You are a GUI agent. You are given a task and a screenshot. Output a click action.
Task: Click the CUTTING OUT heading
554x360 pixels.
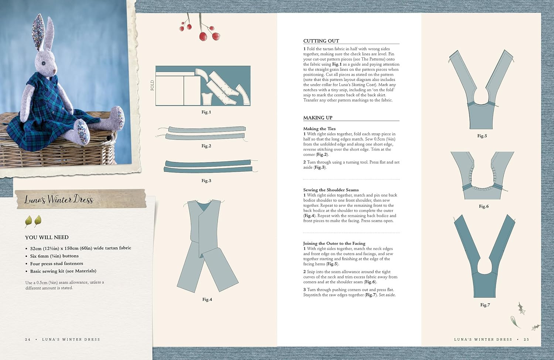tap(321, 41)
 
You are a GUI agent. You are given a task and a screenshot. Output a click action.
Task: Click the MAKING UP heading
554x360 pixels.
tap(318, 118)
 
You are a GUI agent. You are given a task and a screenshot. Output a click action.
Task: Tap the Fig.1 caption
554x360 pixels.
tap(206, 112)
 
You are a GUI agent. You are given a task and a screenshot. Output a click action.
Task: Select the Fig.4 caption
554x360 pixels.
tap(207, 299)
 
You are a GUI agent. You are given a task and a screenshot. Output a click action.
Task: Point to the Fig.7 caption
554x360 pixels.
tap(485, 305)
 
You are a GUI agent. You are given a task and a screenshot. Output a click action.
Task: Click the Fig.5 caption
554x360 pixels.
tap(482, 136)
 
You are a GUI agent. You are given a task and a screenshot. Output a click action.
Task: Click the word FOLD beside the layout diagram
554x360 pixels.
tap(152, 85)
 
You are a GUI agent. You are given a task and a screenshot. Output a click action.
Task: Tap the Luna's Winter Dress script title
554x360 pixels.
tap(59, 199)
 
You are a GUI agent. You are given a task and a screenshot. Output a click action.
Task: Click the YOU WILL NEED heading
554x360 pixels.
tap(47, 237)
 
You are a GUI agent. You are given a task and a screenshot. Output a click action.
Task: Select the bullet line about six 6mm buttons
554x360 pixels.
tap(54, 256)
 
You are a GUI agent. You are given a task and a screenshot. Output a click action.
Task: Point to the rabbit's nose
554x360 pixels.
tap(54, 71)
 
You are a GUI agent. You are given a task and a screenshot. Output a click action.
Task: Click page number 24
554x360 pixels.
tap(28, 339)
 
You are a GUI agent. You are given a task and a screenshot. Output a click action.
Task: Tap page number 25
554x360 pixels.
tap(526, 339)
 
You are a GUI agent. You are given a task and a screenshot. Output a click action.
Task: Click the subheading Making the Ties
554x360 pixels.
tap(319, 128)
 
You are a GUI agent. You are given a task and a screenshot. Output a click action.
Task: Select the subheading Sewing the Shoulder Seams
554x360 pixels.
tap(331, 190)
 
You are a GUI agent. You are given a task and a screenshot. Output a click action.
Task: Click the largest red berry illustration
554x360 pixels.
tap(203, 37)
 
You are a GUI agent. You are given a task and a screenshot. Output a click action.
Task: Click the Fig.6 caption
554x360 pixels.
tap(484, 206)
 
